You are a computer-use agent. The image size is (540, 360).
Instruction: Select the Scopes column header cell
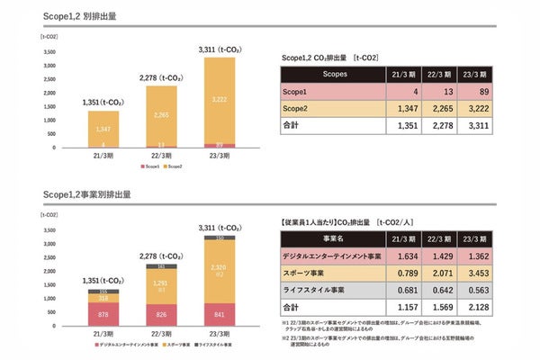tap(334, 74)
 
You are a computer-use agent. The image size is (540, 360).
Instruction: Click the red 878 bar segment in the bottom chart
tap(103, 314)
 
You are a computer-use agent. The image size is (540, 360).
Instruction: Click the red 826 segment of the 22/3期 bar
tap(161, 315)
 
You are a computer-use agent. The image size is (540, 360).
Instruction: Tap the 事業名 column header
tap(334, 238)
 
